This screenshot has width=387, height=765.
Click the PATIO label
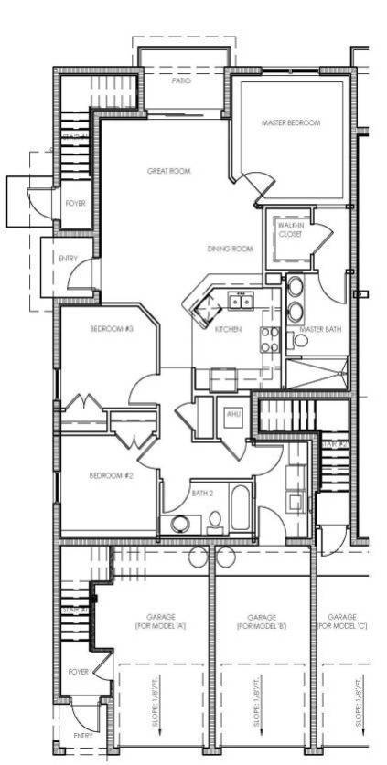click(182, 80)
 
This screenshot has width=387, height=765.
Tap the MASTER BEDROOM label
click(291, 123)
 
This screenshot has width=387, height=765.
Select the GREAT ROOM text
click(169, 171)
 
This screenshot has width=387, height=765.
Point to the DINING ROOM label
click(229, 249)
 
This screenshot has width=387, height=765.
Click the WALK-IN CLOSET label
click(290, 229)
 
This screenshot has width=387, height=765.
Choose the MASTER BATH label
click(321, 329)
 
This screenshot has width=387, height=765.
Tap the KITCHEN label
click(228, 329)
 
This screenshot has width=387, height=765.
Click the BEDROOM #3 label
click(112, 329)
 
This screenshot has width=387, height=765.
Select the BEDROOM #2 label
click(112, 475)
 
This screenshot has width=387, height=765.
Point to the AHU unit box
click(232, 414)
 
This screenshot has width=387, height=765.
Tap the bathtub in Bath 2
click(241, 510)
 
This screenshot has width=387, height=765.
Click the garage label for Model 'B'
click(262, 622)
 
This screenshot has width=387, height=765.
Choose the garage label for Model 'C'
click(343, 622)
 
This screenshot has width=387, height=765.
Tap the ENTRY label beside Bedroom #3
click(68, 259)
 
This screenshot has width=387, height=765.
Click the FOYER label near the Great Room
click(75, 203)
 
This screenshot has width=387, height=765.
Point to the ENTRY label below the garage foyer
click(83, 735)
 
